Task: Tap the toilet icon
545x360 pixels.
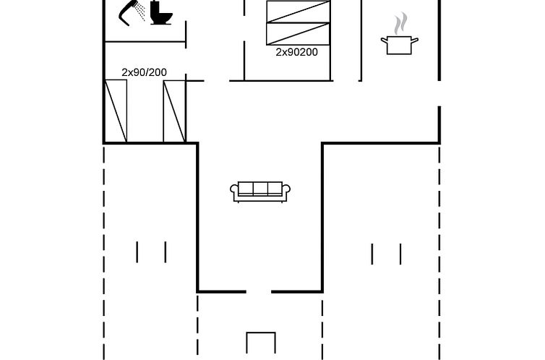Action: [161, 13]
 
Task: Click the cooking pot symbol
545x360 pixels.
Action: [400, 45]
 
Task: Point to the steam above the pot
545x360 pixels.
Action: [400, 23]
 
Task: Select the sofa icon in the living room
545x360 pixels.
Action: [260, 192]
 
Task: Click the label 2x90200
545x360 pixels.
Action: [297, 52]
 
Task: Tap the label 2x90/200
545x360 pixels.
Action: [145, 72]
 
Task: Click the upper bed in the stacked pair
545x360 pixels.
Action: [298, 12]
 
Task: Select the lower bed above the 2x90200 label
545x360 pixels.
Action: [298, 34]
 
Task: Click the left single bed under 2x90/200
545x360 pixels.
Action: [116, 111]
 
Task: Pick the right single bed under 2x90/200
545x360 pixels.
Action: [174, 111]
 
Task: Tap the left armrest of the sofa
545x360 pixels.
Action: [234, 191]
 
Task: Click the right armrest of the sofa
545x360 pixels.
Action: [286, 191]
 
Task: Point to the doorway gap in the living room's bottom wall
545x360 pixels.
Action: [259, 292]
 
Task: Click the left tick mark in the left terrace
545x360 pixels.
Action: [137, 252]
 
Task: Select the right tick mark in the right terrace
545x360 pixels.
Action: [400, 254]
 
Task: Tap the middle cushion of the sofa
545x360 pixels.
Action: [260, 188]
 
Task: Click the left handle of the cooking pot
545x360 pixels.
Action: [384, 40]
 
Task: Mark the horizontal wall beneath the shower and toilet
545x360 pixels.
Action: [145, 42]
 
